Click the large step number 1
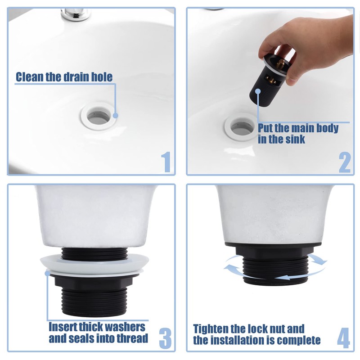pyautogui.click(x=166, y=162)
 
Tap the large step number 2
pyautogui.click(x=345, y=162)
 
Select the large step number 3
pyautogui.click(x=165, y=338)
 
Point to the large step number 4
pyautogui.click(x=343, y=338)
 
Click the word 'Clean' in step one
pyautogui.click(x=30, y=77)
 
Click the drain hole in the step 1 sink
pyautogui.click(x=99, y=117)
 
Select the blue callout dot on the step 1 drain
pyautogui.click(x=116, y=115)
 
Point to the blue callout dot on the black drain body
pyautogui.click(x=258, y=91)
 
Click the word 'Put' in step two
pyautogui.click(x=265, y=129)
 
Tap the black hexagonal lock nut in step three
pyautogui.click(x=94, y=282)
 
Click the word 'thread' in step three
pyautogui.click(x=132, y=338)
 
